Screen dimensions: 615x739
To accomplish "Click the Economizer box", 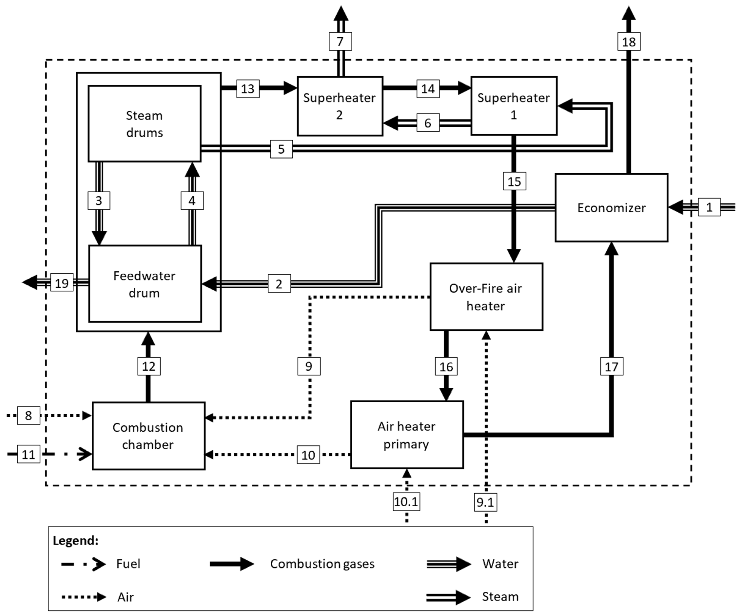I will (611, 208).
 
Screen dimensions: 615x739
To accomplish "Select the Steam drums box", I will (144, 124).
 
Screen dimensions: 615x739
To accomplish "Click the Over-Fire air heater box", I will (486, 297).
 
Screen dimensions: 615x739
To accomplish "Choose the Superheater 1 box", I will (513, 106).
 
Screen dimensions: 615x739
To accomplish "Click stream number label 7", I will (340, 42).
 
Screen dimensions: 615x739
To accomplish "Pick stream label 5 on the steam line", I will (281, 149).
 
